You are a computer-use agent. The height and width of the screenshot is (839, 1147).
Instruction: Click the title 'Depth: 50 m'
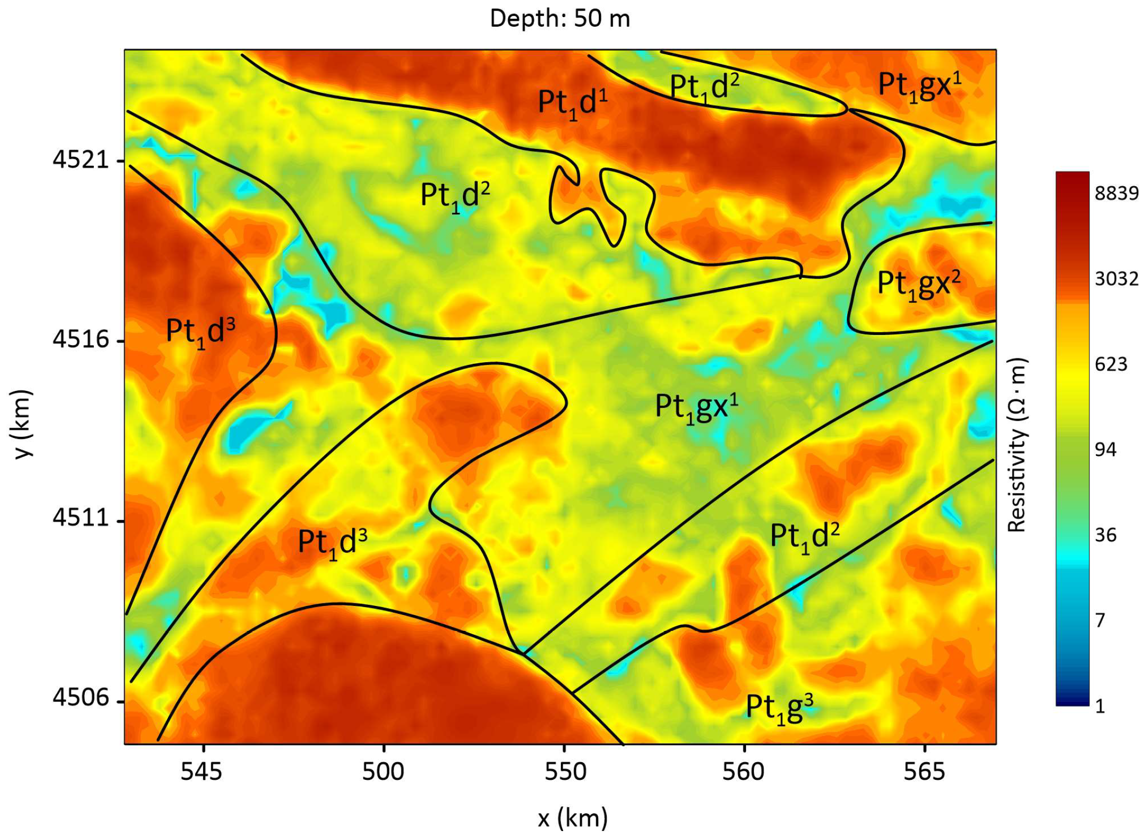[x=559, y=19]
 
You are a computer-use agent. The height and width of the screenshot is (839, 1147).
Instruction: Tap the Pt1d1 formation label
[x=572, y=103]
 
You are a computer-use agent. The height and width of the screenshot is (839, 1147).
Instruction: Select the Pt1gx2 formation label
[x=918, y=284]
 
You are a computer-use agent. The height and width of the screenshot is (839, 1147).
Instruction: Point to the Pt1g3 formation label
[x=779, y=709]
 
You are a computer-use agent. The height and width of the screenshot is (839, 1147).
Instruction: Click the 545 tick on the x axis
[x=201, y=771]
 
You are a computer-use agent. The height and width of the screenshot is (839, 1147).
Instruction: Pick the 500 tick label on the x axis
[x=383, y=771]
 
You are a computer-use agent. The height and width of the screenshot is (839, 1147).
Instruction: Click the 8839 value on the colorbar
[x=1117, y=193]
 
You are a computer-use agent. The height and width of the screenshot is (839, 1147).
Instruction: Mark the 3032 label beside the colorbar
[x=1117, y=278]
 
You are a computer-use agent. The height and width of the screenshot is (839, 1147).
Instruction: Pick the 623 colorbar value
[x=1111, y=364]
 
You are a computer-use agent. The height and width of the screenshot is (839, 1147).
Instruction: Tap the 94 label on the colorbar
[x=1105, y=450]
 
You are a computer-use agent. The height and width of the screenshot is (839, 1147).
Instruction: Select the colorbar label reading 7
[x=1100, y=620]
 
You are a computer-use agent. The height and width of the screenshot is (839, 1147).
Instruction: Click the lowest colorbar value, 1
[x=1100, y=706]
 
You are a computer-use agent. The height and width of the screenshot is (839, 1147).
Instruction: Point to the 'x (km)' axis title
[x=573, y=818]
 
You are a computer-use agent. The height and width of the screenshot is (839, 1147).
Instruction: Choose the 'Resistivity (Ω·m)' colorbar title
[x=1016, y=444]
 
